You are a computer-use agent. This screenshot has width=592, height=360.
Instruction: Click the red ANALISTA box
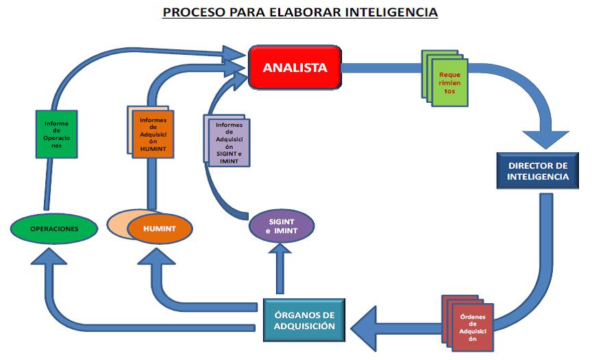295,67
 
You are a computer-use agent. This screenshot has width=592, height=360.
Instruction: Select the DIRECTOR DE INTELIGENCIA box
537,171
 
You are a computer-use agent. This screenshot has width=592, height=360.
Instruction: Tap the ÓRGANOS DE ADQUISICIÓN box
304,320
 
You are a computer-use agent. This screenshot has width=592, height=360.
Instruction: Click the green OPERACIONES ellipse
53,228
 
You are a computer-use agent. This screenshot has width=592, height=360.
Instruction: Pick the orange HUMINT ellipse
160,228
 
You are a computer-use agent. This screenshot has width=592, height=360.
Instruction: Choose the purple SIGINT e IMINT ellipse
281,227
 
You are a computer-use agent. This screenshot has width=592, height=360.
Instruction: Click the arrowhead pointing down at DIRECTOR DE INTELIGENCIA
545,139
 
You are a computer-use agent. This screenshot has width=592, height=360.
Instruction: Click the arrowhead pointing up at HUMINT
157,259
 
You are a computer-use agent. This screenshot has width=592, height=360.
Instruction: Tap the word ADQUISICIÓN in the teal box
304,326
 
